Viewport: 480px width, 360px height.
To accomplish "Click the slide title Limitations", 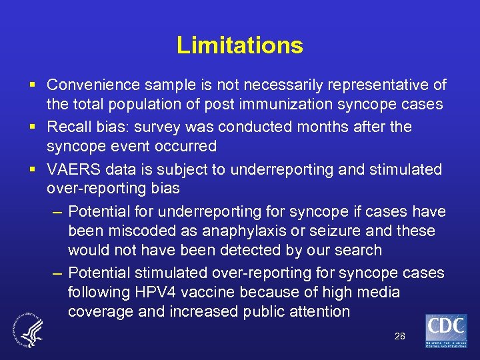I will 240,45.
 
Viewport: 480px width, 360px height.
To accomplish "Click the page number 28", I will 399,336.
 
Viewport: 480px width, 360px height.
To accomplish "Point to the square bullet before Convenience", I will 33,85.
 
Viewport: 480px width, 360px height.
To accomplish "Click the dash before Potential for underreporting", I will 57,212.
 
